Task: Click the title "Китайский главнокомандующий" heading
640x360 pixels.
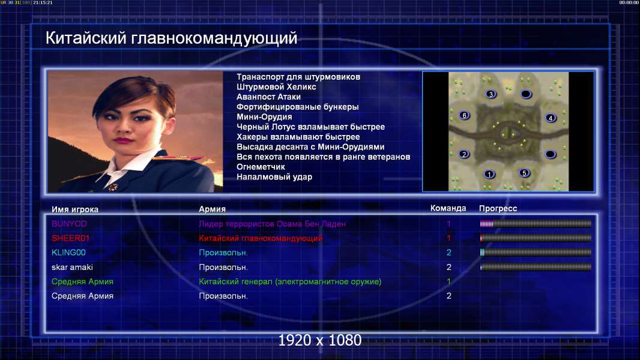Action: pyautogui.click(x=171, y=38)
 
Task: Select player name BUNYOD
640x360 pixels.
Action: pyautogui.click(x=69, y=224)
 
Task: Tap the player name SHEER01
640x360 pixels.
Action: pyautogui.click(x=70, y=238)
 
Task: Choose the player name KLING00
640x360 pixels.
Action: pyautogui.click(x=68, y=253)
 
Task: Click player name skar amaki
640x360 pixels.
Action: pyautogui.click(x=72, y=267)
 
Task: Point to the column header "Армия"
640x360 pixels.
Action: pyautogui.click(x=213, y=209)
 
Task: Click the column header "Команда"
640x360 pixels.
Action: pyautogui.click(x=448, y=208)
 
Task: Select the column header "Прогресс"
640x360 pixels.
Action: pyautogui.click(x=498, y=208)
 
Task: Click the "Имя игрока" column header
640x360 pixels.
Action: pyautogui.click(x=74, y=209)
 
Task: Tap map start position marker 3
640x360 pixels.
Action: pyautogui.click(x=491, y=94)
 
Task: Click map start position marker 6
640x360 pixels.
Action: pyautogui.click(x=464, y=115)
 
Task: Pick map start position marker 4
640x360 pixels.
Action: pyautogui.click(x=551, y=118)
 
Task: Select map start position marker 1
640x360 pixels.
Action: pyautogui.click(x=489, y=175)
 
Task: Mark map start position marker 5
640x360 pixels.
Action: pyautogui.click(x=525, y=173)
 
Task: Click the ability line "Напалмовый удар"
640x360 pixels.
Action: pyautogui.click(x=274, y=177)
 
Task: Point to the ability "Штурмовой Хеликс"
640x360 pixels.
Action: pyautogui.click(x=276, y=87)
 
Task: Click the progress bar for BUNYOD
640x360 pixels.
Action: pyautogui.click(x=536, y=223)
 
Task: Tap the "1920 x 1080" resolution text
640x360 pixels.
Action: pyautogui.click(x=320, y=340)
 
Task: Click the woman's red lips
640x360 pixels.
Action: pyautogui.click(x=121, y=140)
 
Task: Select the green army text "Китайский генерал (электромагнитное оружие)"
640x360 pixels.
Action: pyautogui.click(x=290, y=282)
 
